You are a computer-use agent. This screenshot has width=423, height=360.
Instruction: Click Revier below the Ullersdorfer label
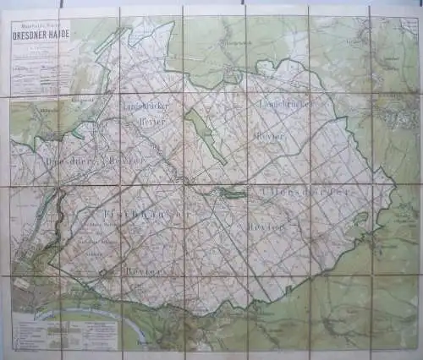tap(263, 227)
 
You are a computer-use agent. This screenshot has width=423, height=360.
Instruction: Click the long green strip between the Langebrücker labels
tap(206, 135)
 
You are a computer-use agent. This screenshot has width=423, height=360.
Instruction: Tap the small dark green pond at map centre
tap(228, 194)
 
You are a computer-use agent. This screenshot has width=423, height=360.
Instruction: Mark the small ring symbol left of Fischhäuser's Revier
tap(103, 273)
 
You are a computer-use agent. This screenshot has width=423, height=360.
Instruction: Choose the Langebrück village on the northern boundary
tap(230, 76)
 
